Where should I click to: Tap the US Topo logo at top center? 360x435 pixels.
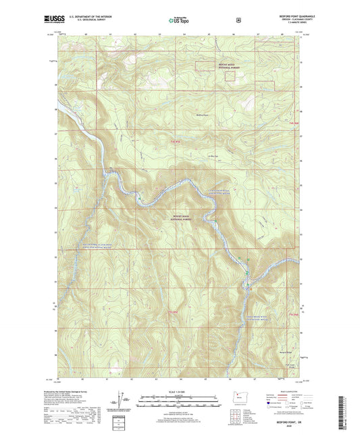(x=178, y=21)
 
